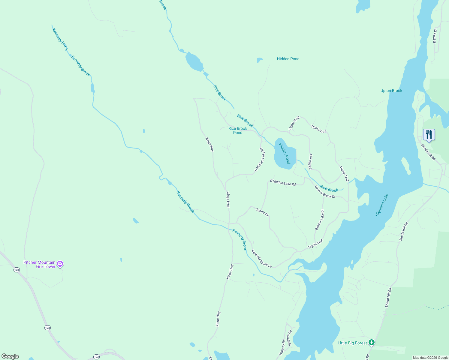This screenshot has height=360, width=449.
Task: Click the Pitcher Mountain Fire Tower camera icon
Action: click(x=60, y=264)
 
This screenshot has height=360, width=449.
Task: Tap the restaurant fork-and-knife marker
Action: click(x=429, y=135)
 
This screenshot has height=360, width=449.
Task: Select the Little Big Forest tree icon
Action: click(x=372, y=342)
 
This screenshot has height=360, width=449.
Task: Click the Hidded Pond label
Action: click(x=288, y=59)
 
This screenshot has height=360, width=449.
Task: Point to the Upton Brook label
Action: click(x=391, y=91)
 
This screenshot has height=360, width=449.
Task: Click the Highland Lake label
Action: click(x=382, y=205)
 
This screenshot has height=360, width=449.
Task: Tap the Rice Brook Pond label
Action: click(x=238, y=130)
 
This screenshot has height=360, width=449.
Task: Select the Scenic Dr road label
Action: click(x=262, y=212)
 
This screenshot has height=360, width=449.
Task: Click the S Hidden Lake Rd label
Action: click(x=283, y=182)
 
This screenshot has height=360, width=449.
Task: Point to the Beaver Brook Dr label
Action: click(x=325, y=192)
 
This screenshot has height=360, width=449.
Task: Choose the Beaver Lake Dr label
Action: click(x=319, y=220)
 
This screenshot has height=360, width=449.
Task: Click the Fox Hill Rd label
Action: click(x=311, y=162)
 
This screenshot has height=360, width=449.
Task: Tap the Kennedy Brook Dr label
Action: click(x=261, y=259)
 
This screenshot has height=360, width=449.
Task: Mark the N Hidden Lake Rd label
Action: click(x=260, y=160)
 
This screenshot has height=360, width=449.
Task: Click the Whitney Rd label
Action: click(x=282, y=347)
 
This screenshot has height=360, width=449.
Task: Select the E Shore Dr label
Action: click(x=435, y=36)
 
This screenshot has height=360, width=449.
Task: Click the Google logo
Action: click(x=10, y=356)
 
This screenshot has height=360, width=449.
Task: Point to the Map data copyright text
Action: click(x=430, y=358)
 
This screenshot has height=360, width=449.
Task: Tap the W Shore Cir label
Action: click(x=289, y=338)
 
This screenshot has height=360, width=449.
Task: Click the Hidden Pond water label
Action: click(x=285, y=153)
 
